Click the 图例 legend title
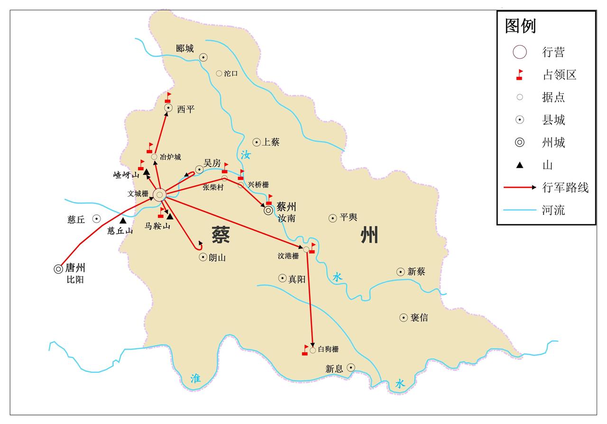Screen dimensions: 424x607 [x=520, y=26]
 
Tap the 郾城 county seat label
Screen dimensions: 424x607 [x=185, y=48]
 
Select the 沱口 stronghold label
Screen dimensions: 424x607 [x=231, y=74]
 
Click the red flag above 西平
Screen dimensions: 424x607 [x=168, y=97]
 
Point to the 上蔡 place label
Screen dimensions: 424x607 [x=271, y=142]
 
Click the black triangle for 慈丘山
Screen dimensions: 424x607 [x=123, y=221]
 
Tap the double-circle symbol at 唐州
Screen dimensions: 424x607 [x=58, y=269]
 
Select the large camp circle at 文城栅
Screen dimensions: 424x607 [x=160, y=194]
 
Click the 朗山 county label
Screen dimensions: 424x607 [x=217, y=258]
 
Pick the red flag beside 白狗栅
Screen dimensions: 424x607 [x=305, y=350]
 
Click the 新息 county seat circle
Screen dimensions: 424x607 [x=351, y=367]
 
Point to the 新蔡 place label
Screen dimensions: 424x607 [x=417, y=272]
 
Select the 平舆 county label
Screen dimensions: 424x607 [x=349, y=218]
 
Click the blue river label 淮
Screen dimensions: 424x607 [x=195, y=378]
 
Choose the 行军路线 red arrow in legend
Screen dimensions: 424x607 [x=520, y=187]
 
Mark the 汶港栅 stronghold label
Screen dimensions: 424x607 [x=288, y=256]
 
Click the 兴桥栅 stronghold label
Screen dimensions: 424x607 [x=258, y=185]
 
